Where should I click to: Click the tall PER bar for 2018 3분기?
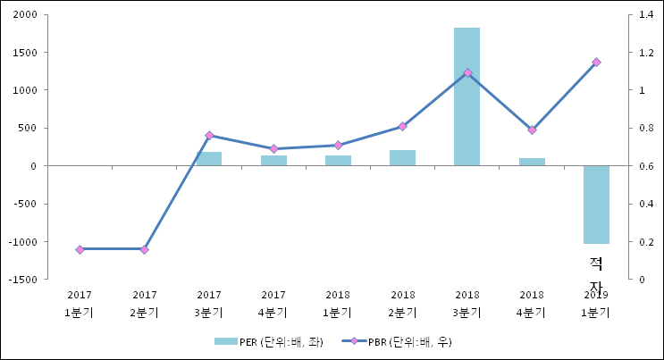466,96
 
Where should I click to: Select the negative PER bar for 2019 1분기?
596,205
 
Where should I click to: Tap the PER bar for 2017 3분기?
208,159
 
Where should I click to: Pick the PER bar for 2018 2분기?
402,158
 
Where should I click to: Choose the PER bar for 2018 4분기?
532,162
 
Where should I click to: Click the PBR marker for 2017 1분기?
80,249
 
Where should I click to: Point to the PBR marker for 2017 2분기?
144,249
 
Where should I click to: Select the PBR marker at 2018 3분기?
467,72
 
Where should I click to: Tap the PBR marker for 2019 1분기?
596,62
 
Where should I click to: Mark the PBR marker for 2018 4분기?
532,130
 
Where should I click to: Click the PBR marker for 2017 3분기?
209,135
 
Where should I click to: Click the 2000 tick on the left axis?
24,15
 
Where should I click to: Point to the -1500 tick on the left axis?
23,280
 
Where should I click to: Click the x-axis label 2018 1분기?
338,303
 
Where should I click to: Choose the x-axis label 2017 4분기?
273,303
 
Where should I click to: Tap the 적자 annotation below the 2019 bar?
596,272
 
